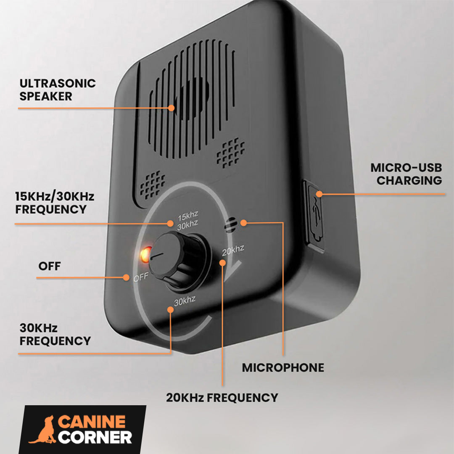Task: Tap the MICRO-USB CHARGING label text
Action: click(406, 174)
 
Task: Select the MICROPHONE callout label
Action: click(283, 368)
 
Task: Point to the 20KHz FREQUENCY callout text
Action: click(222, 397)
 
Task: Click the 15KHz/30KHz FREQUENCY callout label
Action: click(55, 203)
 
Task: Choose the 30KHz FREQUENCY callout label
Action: click(55, 334)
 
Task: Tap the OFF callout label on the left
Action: click(50, 266)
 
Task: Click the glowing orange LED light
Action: click(145, 254)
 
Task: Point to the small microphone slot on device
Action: click(229, 225)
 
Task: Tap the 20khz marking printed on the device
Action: click(233, 250)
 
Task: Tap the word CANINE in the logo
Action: click(92, 422)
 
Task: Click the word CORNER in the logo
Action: click(95, 437)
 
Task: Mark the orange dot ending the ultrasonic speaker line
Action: click(171, 108)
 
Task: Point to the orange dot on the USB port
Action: click(319, 194)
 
